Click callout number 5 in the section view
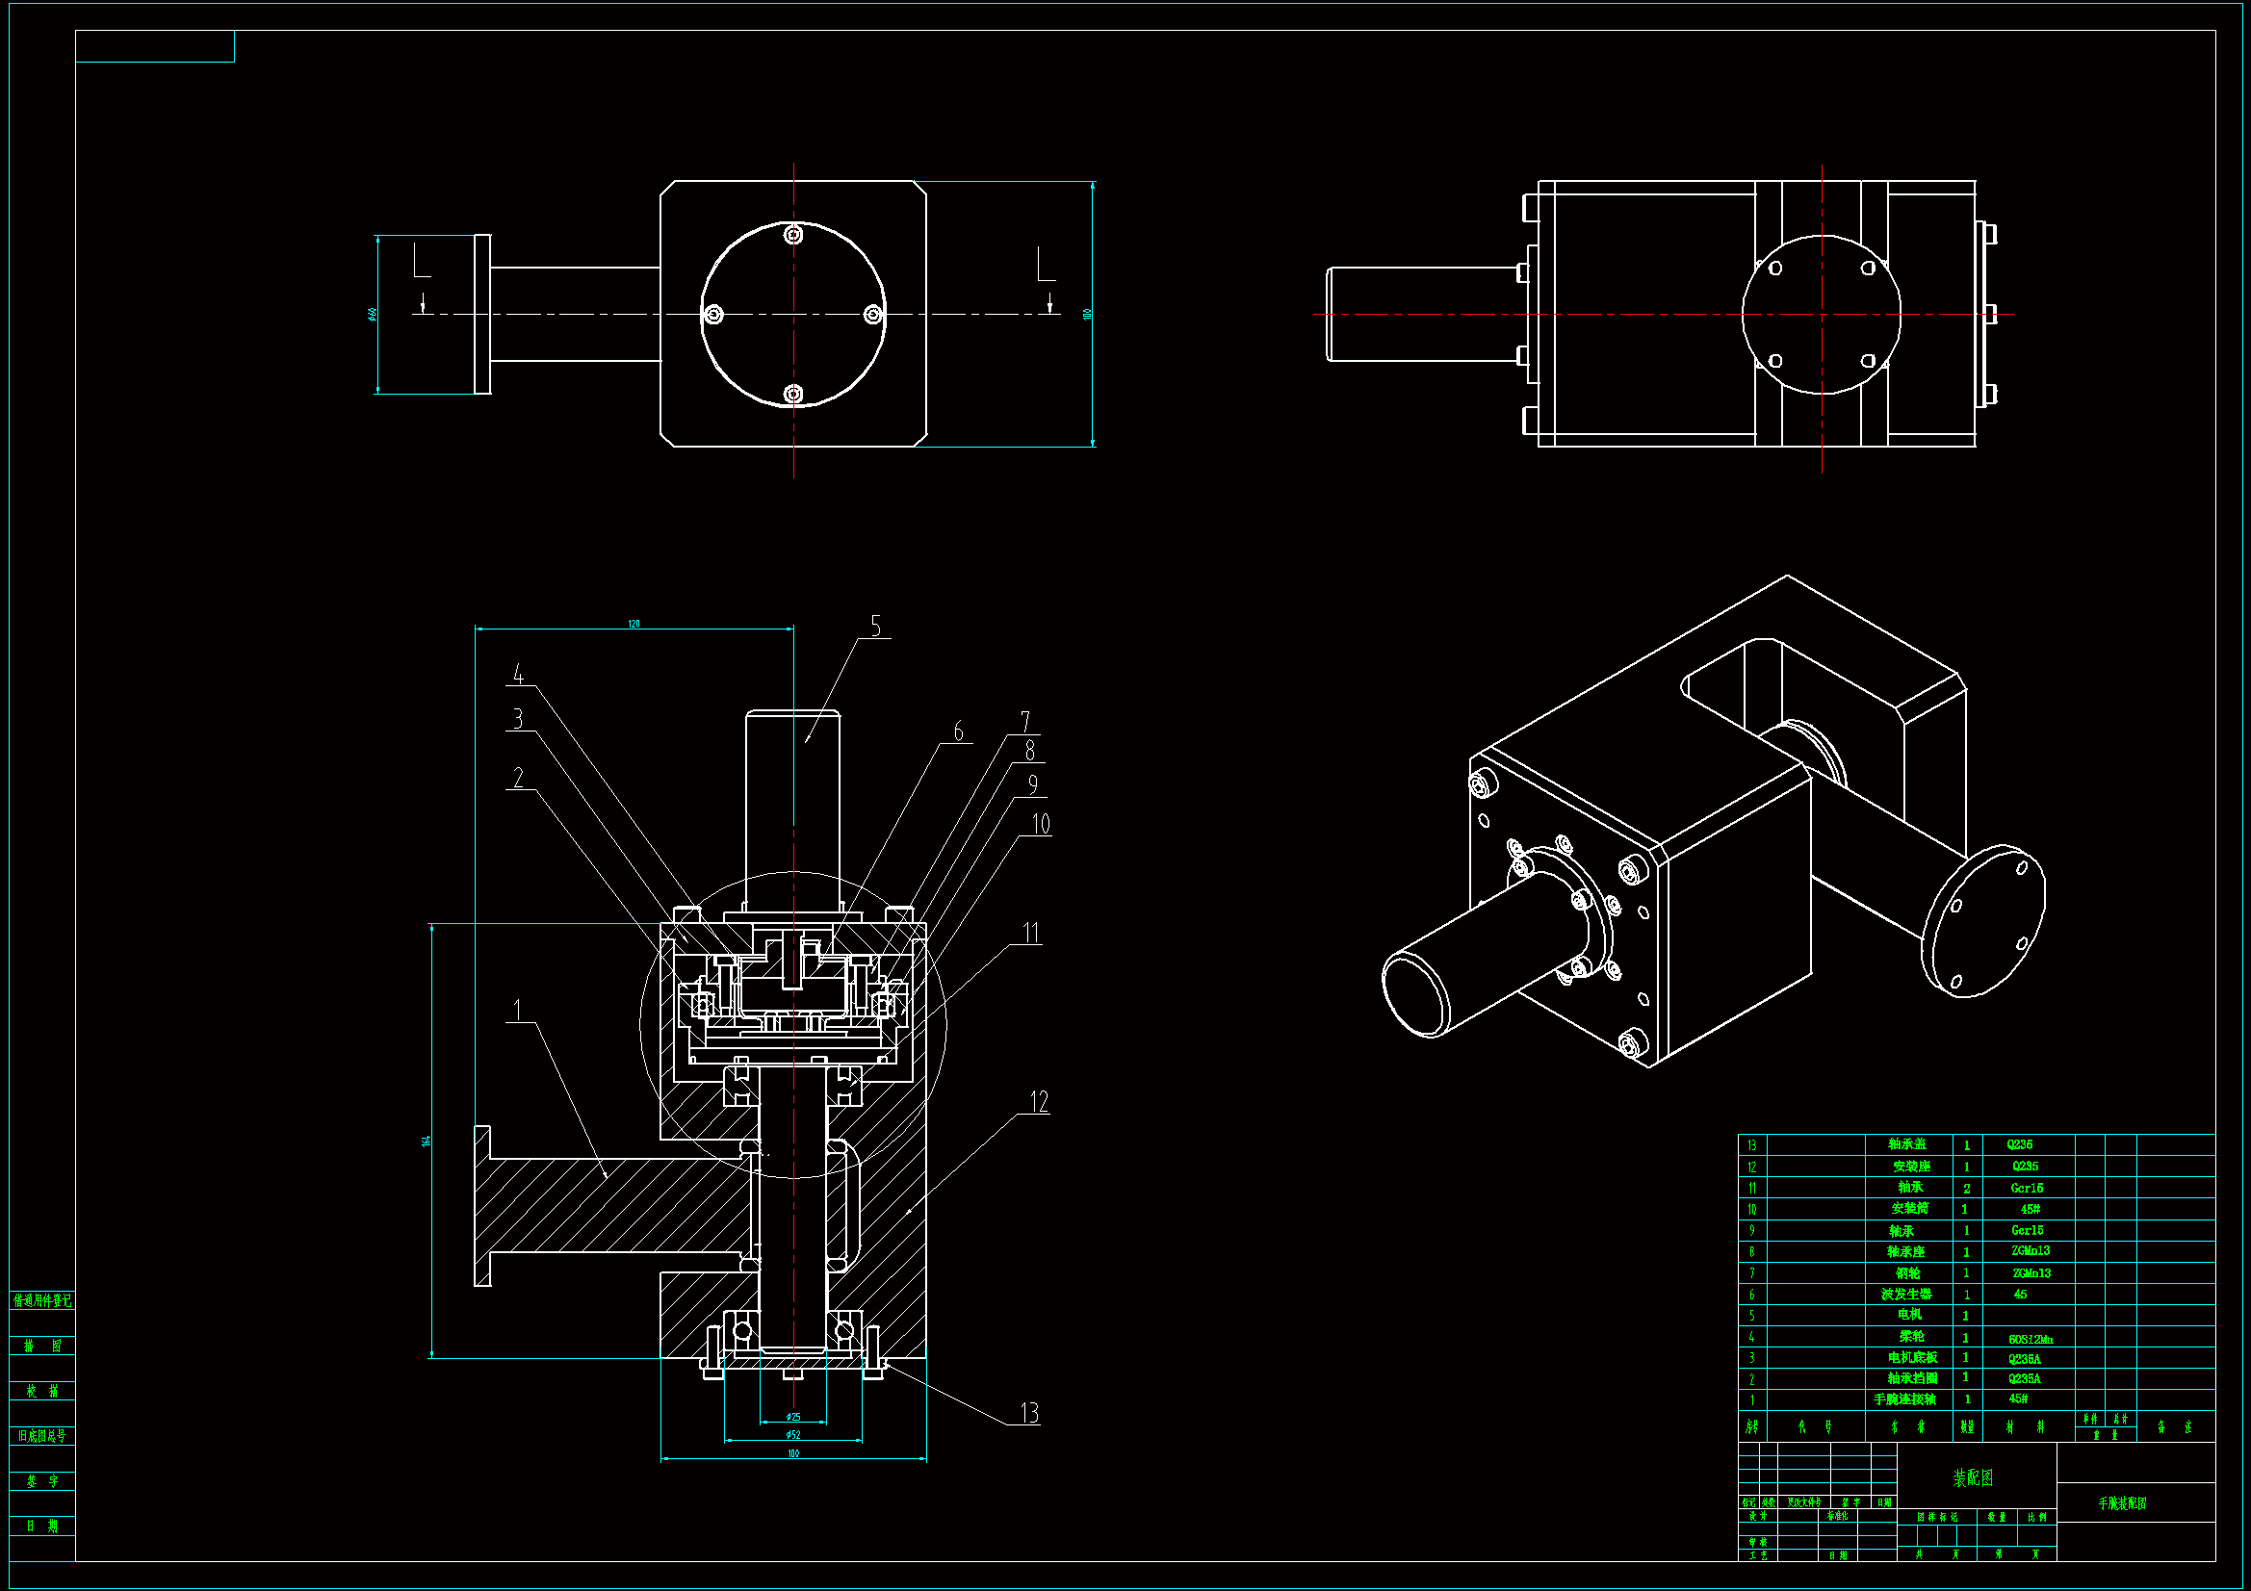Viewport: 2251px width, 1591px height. (x=875, y=627)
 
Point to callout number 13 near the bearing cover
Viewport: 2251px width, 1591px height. (x=1028, y=1413)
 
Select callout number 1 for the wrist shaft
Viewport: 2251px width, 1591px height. (x=518, y=1010)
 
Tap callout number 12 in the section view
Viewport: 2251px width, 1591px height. (x=1039, y=1102)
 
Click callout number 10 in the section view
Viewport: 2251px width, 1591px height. (x=1040, y=825)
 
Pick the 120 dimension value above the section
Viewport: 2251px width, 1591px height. (x=634, y=624)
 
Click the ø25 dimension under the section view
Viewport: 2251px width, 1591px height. (x=793, y=1417)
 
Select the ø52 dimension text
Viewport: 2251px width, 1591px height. (x=793, y=1435)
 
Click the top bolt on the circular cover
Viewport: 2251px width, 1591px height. (x=794, y=234)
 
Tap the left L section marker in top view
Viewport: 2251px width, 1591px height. (x=421, y=262)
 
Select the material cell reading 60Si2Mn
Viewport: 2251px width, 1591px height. (x=2030, y=1339)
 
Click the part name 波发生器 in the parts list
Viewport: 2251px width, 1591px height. (x=1905, y=1295)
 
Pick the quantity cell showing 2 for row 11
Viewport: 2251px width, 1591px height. (x=1966, y=1188)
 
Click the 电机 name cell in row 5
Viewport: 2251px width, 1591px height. (x=1909, y=1316)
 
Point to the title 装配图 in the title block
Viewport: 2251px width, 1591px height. (x=1973, y=1477)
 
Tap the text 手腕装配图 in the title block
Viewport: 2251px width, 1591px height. (x=2122, y=1502)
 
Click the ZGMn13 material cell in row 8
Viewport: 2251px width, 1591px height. (x=2030, y=1252)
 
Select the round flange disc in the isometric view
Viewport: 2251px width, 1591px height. (x=1982, y=921)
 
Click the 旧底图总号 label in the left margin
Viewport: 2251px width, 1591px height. (x=42, y=1436)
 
